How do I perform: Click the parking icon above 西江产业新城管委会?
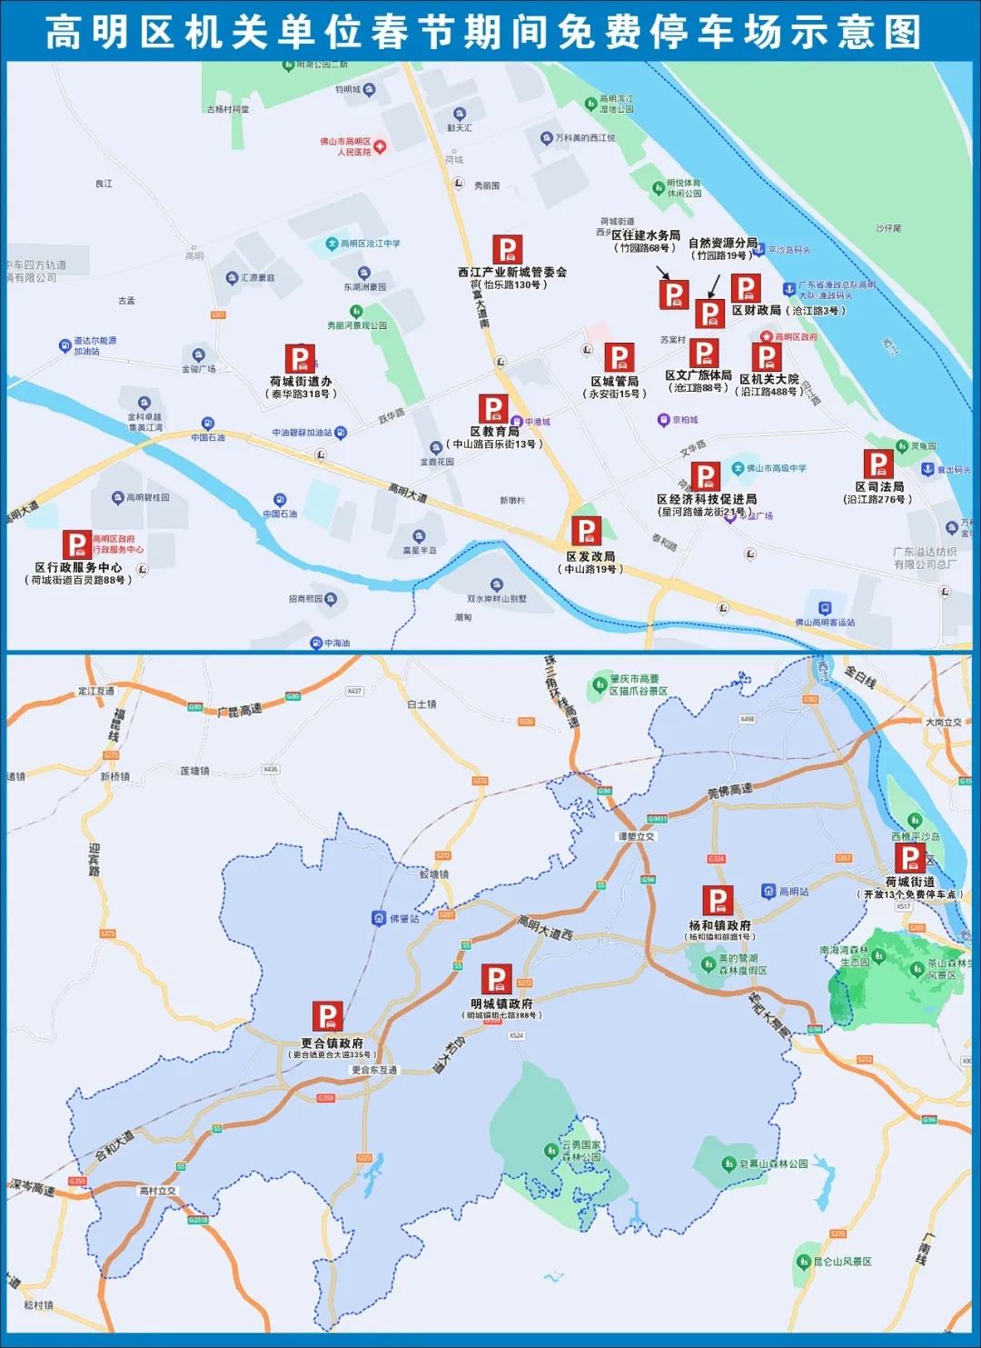pyautogui.click(x=508, y=250)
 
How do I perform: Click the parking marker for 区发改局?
pyautogui.click(x=587, y=532)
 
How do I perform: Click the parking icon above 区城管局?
pyautogui.click(x=619, y=358)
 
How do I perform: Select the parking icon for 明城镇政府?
pyautogui.click(x=497, y=980)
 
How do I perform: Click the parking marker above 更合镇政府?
pyautogui.click(x=327, y=1016)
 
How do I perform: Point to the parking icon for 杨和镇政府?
pyautogui.click(x=718, y=902)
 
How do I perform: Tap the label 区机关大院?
pyautogui.click(x=769, y=379)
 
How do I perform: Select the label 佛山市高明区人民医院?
pyautogui.click(x=345, y=146)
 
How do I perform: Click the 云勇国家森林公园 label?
pyautogui.click(x=581, y=1151)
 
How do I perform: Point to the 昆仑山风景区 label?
pyautogui.click(x=842, y=1262)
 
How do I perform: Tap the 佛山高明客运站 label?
pyautogui.click(x=825, y=623)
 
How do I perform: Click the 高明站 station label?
pyautogui.click(x=793, y=892)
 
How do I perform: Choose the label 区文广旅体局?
pyautogui.click(x=699, y=375)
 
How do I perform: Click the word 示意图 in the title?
pyautogui.click(x=878, y=33)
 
